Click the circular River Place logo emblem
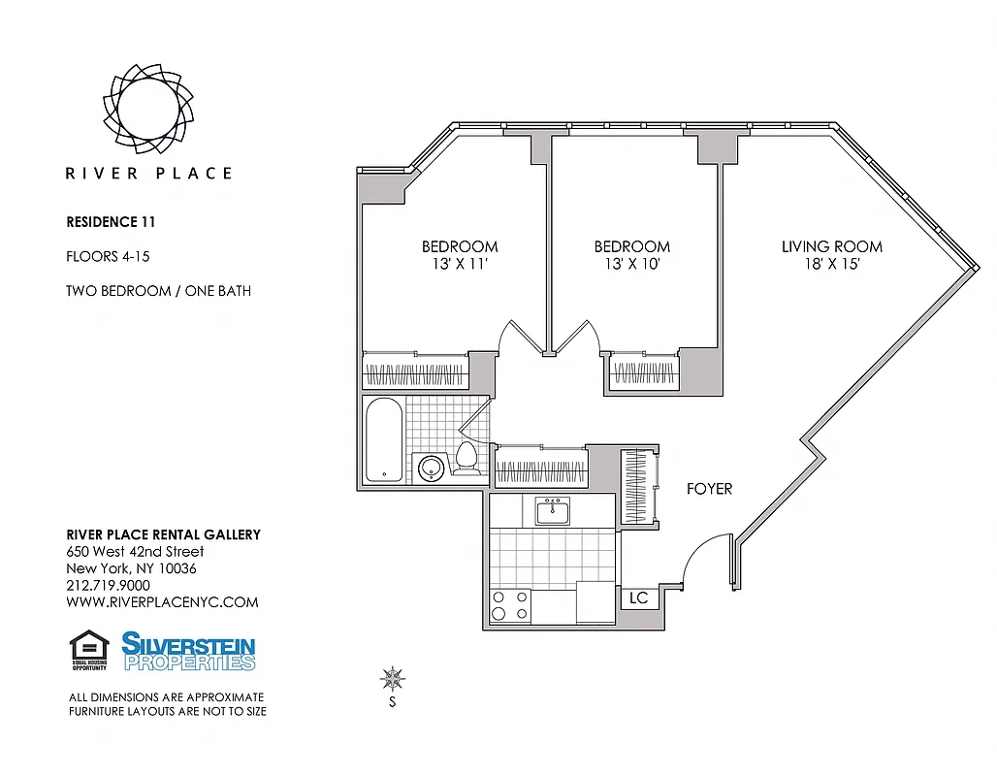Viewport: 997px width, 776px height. click(148, 103)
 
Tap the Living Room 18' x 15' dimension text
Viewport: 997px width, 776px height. click(832, 263)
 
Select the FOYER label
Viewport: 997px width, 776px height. click(709, 489)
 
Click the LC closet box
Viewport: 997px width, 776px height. click(639, 598)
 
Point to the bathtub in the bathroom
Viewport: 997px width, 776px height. click(386, 439)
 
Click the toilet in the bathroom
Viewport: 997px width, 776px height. click(466, 460)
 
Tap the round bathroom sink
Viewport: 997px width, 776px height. click(430, 469)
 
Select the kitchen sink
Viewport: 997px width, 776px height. click(553, 510)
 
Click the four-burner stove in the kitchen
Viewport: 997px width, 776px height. click(510, 606)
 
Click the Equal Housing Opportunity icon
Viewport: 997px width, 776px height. click(89, 650)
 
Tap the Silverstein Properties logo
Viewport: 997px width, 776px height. click(188, 650)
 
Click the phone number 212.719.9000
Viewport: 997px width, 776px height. click(108, 585)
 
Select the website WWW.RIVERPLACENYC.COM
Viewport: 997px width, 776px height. click(162, 601)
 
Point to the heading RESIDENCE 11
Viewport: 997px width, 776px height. click(111, 221)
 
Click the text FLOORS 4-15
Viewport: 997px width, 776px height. click(107, 257)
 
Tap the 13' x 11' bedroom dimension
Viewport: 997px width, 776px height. click(460, 263)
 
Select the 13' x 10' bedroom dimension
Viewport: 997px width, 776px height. click(632, 263)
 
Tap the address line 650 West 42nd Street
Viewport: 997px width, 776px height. click(134, 552)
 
